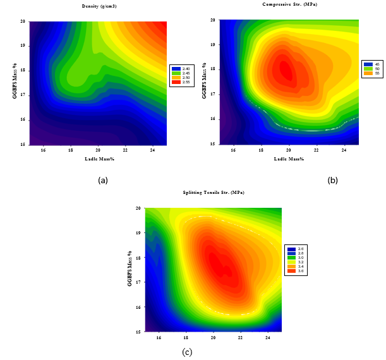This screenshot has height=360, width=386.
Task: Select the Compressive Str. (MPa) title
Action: pyautogui.click(x=290, y=4)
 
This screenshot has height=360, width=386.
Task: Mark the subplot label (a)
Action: pyautogui.click(x=103, y=181)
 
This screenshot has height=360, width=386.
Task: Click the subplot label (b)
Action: pyautogui.click(x=333, y=181)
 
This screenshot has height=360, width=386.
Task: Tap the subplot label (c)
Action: pyautogui.click(x=187, y=352)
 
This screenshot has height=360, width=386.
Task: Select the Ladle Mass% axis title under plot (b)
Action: pyautogui.click(x=288, y=158)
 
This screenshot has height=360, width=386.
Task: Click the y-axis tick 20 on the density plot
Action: pyautogui.click(x=23, y=21)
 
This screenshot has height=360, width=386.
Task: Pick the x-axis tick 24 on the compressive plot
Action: pyautogui.click(x=344, y=150)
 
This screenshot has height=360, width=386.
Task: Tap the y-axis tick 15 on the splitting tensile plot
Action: pyautogui.click(x=138, y=330)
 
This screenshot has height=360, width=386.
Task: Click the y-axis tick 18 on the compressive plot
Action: pyautogui.click(x=213, y=69)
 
